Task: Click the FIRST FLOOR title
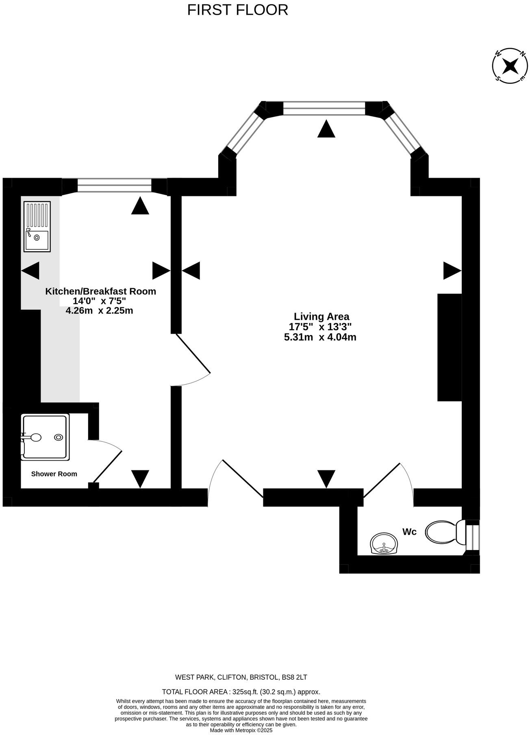(x=237, y=10)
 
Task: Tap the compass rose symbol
(x=510, y=65)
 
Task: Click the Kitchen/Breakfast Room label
(x=100, y=291)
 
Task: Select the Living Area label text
(x=321, y=316)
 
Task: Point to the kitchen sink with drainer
(x=37, y=226)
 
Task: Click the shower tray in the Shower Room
(x=45, y=437)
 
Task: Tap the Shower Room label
(x=54, y=474)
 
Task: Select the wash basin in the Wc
(x=384, y=544)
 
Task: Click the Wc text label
(x=409, y=532)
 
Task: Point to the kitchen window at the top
(x=114, y=185)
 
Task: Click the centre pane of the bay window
(x=324, y=109)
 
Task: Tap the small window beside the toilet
(x=472, y=537)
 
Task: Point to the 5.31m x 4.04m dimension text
(x=320, y=337)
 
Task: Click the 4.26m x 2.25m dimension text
(x=100, y=311)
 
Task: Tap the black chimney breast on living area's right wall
(x=450, y=347)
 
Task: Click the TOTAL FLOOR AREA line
(x=241, y=692)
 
